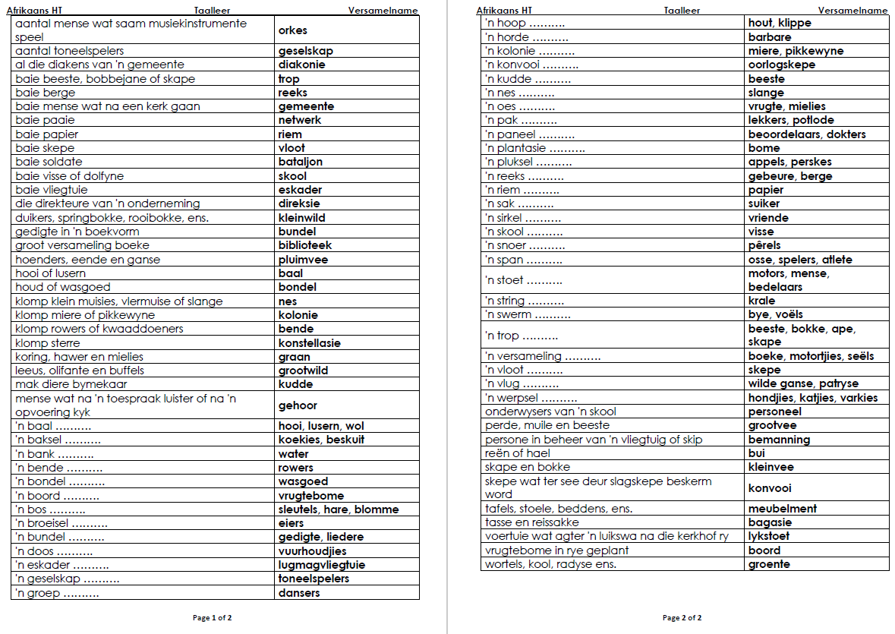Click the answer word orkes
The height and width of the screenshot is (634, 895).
click(292, 30)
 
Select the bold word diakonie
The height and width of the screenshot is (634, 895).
click(301, 65)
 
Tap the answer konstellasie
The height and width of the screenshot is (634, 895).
click(309, 343)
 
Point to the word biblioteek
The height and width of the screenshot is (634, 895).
click(304, 245)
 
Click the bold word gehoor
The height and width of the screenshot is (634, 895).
click(298, 405)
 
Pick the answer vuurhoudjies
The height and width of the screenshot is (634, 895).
click(312, 551)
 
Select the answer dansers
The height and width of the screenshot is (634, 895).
click(299, 593)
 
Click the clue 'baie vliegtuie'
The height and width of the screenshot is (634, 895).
click(50, 190)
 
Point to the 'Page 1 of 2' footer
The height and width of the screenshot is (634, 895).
click(213, 618)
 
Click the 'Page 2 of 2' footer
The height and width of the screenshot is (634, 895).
click(682, 618)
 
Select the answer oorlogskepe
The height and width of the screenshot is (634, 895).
click(782, 65)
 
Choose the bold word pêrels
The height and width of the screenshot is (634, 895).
click(764, 245)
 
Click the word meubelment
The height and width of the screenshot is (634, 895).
click(783, 509)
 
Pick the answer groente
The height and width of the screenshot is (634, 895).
click(769, 564)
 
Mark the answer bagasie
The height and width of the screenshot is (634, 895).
click(770, 522)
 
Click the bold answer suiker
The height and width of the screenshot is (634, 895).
click(764, 203)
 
